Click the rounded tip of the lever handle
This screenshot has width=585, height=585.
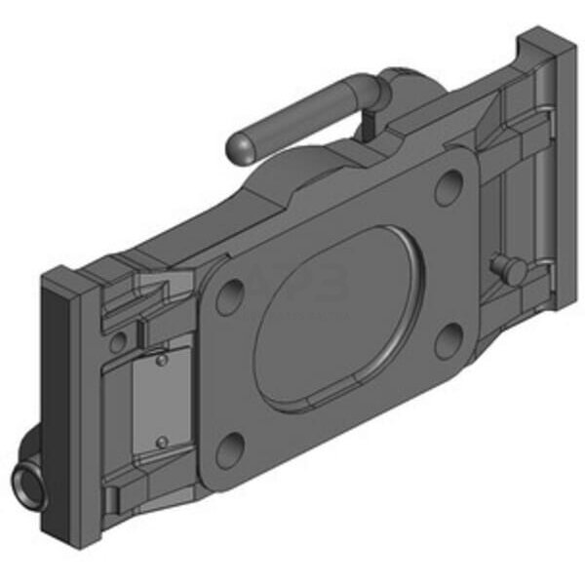239,147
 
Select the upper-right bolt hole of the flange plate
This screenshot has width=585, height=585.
448,185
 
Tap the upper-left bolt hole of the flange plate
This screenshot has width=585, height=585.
229,295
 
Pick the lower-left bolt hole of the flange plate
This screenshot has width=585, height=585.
230,449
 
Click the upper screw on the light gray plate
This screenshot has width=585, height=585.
162,361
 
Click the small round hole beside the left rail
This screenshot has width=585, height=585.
118,342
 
